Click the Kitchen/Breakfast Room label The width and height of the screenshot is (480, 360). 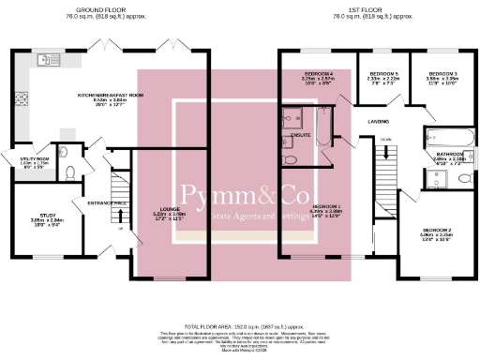click(x=111, y=95)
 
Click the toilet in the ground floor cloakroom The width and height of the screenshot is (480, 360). click(x=70, y=172)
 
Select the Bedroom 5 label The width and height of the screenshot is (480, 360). click(x=383, y=73)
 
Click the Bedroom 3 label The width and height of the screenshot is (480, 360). click(x=443, y=73)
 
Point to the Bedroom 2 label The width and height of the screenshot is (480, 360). click(x=437, y=230)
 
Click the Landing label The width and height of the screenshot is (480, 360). click(x=379, y=121)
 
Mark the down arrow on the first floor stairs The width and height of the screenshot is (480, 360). click(x=385, y=141)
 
